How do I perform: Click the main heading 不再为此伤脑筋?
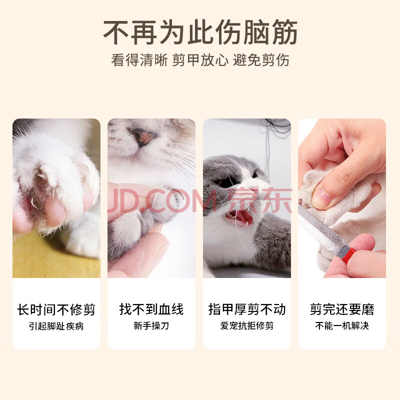click(x=200, y=32)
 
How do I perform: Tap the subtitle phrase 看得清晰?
click(x=139, y=60)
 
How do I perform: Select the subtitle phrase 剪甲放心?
click(x=200, y=60)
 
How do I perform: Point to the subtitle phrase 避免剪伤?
click(x=261, y=60)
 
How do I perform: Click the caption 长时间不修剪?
click(x=56, y=309)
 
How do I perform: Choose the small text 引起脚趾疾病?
click(x=56, y=326)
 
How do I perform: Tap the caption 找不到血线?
click(x=151, y=309)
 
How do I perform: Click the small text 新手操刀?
click(x=151, y=326)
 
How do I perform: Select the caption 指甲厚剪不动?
click(x=247, y=309)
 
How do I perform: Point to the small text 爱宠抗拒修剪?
click(x=247, y=326)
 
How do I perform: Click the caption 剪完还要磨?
click(x=342, y=309)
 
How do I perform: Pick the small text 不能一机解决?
click(x=342, y=326)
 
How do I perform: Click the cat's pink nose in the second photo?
click(x=142, y=137)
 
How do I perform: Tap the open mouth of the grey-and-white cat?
click(x=238, y=217)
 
